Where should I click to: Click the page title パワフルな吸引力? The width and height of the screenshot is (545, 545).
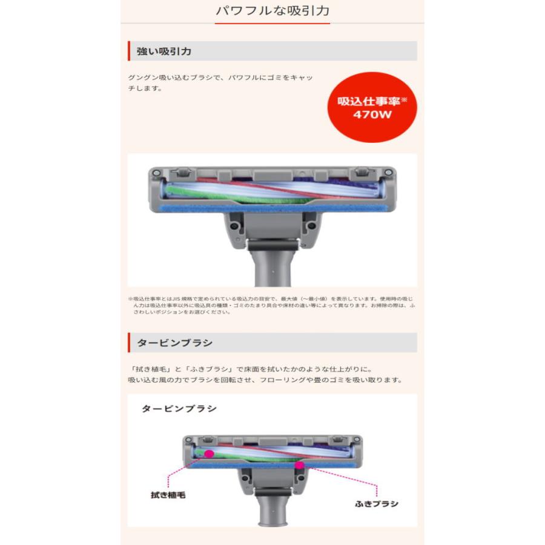272,11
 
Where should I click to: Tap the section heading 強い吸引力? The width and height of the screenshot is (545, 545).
164,51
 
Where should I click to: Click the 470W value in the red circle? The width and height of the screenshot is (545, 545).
372,114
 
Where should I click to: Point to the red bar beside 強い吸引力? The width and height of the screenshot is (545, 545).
129,51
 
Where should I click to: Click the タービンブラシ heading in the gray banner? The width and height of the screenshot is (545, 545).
175,343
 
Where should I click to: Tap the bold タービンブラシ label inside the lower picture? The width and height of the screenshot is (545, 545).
179,409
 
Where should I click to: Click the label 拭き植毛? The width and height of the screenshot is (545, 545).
168,495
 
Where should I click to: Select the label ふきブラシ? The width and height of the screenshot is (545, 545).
377,503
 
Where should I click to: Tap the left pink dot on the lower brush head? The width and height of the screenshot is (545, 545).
209,453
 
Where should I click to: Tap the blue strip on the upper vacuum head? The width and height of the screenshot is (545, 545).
272,207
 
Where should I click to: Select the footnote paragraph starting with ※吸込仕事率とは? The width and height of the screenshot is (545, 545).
272,306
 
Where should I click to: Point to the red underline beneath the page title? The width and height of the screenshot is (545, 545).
272,24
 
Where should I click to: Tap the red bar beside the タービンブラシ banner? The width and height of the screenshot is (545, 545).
129,343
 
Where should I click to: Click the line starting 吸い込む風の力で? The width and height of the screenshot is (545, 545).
265,380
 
